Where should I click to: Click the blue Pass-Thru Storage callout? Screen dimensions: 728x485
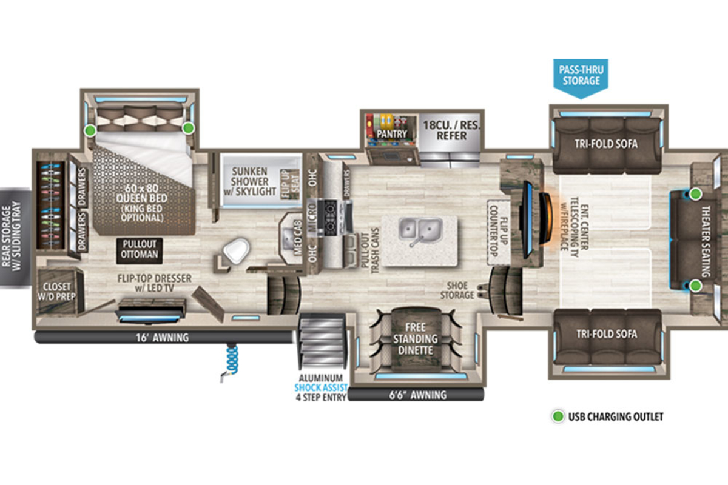pyautogui.click(x=581, y=78)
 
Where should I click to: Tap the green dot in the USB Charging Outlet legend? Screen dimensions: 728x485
pyautogui.click(x=558, y=416)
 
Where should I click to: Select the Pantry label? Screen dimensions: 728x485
pyautogui.click(x=392, y=134)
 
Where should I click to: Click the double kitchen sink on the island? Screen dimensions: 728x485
pyautogui.click(x=420, y=230)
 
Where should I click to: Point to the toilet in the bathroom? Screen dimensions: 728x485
pyautogui.click(x=235, y=250)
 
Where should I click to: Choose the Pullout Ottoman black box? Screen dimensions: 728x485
pyautogui.click(x=140, y=251)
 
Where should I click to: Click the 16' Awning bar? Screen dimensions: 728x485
pyautogui.click(x=163, y=338)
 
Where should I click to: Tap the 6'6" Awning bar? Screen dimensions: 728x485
pyautogui.click(x=416, y=395)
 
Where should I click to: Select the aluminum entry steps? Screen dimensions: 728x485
pyautogui.click(x=322, y=342)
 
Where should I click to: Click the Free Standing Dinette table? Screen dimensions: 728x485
pyautogui.click(x=416, y=339)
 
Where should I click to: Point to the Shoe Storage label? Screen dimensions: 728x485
pyautogui.click(x=457, y=290)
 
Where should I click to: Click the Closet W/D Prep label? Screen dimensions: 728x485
pyautogui.click(x=56, y=292)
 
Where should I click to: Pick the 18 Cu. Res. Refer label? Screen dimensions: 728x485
pyautogui.click(x=451, y=130)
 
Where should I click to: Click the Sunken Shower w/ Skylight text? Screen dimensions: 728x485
pyautogui.click(x=249, y=181)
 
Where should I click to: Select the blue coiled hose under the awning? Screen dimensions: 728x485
pyautogui.click(x=231, y=361)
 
